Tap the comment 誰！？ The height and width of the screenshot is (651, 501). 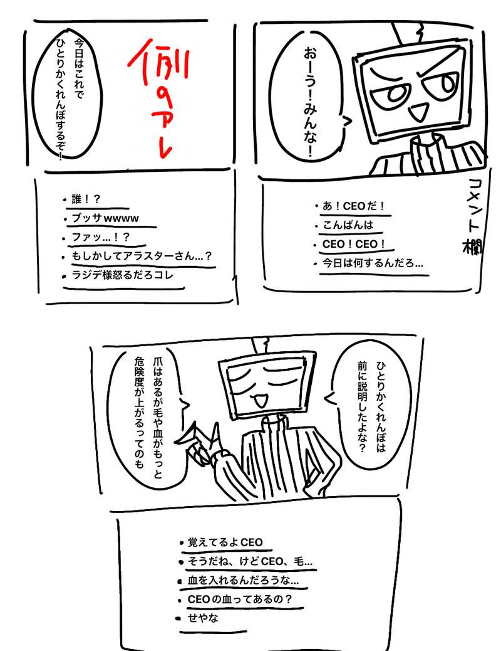pos(86,199)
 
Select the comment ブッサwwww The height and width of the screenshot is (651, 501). pos(105,218)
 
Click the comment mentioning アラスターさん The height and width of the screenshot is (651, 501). pos(142,256)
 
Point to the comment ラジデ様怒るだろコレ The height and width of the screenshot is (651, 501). pos(122,275)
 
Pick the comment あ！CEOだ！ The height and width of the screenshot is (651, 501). pos(354,206)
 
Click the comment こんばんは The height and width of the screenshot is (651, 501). pos(348,225)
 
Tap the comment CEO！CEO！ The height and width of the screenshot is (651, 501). pos(354,244)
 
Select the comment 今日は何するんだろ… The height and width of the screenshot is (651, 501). pos(373,263)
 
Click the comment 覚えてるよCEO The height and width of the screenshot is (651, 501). pos(225,542)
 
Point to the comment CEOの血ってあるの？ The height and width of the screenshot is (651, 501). pos(240,600)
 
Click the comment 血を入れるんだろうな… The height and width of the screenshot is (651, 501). pos(243,580)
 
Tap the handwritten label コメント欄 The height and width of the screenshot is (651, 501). pos(472,216)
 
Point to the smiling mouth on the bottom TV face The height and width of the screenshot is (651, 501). pos(261,400)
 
